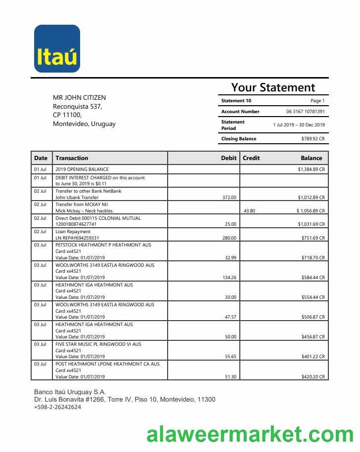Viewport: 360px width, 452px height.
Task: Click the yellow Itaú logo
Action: point(57,49)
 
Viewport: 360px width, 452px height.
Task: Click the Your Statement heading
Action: point(273,88)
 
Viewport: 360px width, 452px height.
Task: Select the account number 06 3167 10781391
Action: point(305,112)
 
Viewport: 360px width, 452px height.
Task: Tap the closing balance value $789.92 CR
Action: point(313,139)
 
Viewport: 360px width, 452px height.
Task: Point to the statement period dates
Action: point(299,125)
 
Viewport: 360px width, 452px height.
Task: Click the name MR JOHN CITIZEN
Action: point(79,98)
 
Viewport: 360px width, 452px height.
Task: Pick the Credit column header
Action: point(251,158)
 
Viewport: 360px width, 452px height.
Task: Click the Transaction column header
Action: point(72,158)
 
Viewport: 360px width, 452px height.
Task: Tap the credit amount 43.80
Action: point(249,211)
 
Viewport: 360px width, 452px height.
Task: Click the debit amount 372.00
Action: point(229,197)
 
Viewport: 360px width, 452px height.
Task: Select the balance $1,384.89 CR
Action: point(311,169)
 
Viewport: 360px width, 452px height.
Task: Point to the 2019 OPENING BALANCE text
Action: point(82,169)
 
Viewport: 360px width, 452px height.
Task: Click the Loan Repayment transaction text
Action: point(73,232)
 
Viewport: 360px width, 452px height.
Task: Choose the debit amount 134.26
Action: point(229,278)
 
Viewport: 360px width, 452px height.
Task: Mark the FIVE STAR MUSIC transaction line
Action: point(98,344)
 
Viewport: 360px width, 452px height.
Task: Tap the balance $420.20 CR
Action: point(313,377)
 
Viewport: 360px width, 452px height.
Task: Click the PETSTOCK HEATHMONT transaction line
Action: point(103,245)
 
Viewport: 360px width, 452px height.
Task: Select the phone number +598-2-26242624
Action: point(57,407)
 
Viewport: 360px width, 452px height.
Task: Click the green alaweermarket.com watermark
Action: point(250,435)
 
